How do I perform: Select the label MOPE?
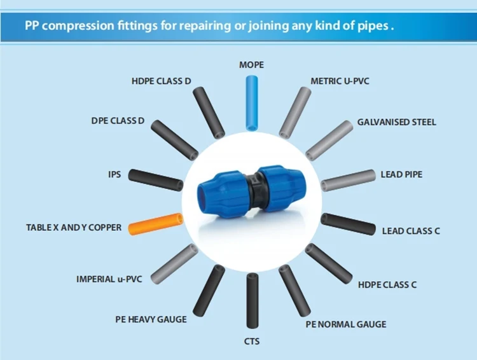click(x=251, y=65)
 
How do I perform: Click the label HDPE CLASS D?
click(x=162, y=81)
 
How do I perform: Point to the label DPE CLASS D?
click(x=118, y=121)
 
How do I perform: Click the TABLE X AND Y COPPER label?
click(x=74, y=227)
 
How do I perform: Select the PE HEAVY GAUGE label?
click(x=151, y=319)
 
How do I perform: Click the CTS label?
click(x=252, y=342)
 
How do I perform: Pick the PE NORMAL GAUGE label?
click(x=345, y=324)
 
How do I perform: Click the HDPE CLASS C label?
click(x=387, y=284)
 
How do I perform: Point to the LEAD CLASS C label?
click(x=411, y=231)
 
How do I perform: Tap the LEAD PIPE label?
click(x=401, y=174)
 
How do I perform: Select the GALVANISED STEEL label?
click(x=397, y=121)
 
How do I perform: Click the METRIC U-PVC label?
click(x=340, y=81)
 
